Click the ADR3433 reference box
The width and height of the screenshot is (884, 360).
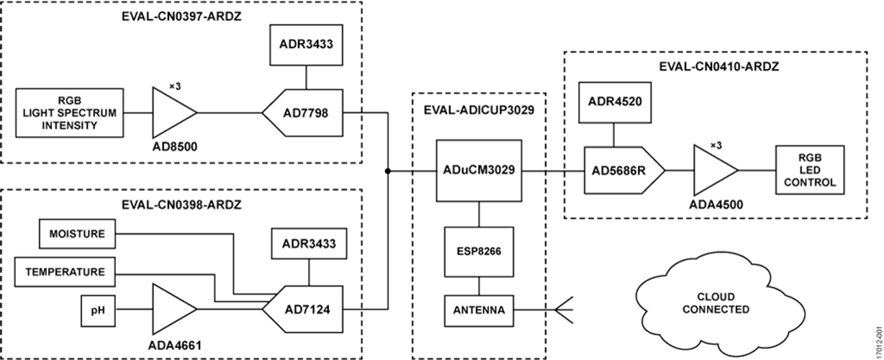(x=307, y=45)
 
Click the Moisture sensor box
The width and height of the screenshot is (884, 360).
(x=78, y=234)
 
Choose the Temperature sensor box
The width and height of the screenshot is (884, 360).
(x=65, y=272)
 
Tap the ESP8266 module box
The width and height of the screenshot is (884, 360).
(x=479, y=253)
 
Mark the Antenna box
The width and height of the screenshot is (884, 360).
(x=479, y=311)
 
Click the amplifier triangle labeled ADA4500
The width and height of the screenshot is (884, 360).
(x=713, y=171)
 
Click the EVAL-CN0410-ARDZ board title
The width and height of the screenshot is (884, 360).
(x=718, y=66)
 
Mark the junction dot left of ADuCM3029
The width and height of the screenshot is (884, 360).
(x=387, y=171)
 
